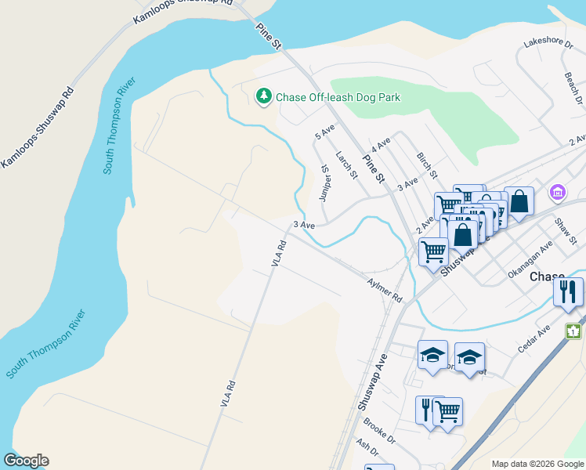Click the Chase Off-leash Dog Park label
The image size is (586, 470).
338,97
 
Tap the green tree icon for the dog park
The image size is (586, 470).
264,96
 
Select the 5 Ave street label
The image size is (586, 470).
324,131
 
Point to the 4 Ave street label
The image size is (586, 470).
381,146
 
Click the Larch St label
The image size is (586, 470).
346,164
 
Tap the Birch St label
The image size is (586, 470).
427,164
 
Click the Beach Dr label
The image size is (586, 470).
573,89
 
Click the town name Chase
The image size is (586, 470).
547,277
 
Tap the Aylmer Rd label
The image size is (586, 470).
384,288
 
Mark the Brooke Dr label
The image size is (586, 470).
379,432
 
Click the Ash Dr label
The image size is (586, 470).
367,453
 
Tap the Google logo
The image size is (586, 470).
26,461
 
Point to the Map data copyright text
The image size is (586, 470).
537,464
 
